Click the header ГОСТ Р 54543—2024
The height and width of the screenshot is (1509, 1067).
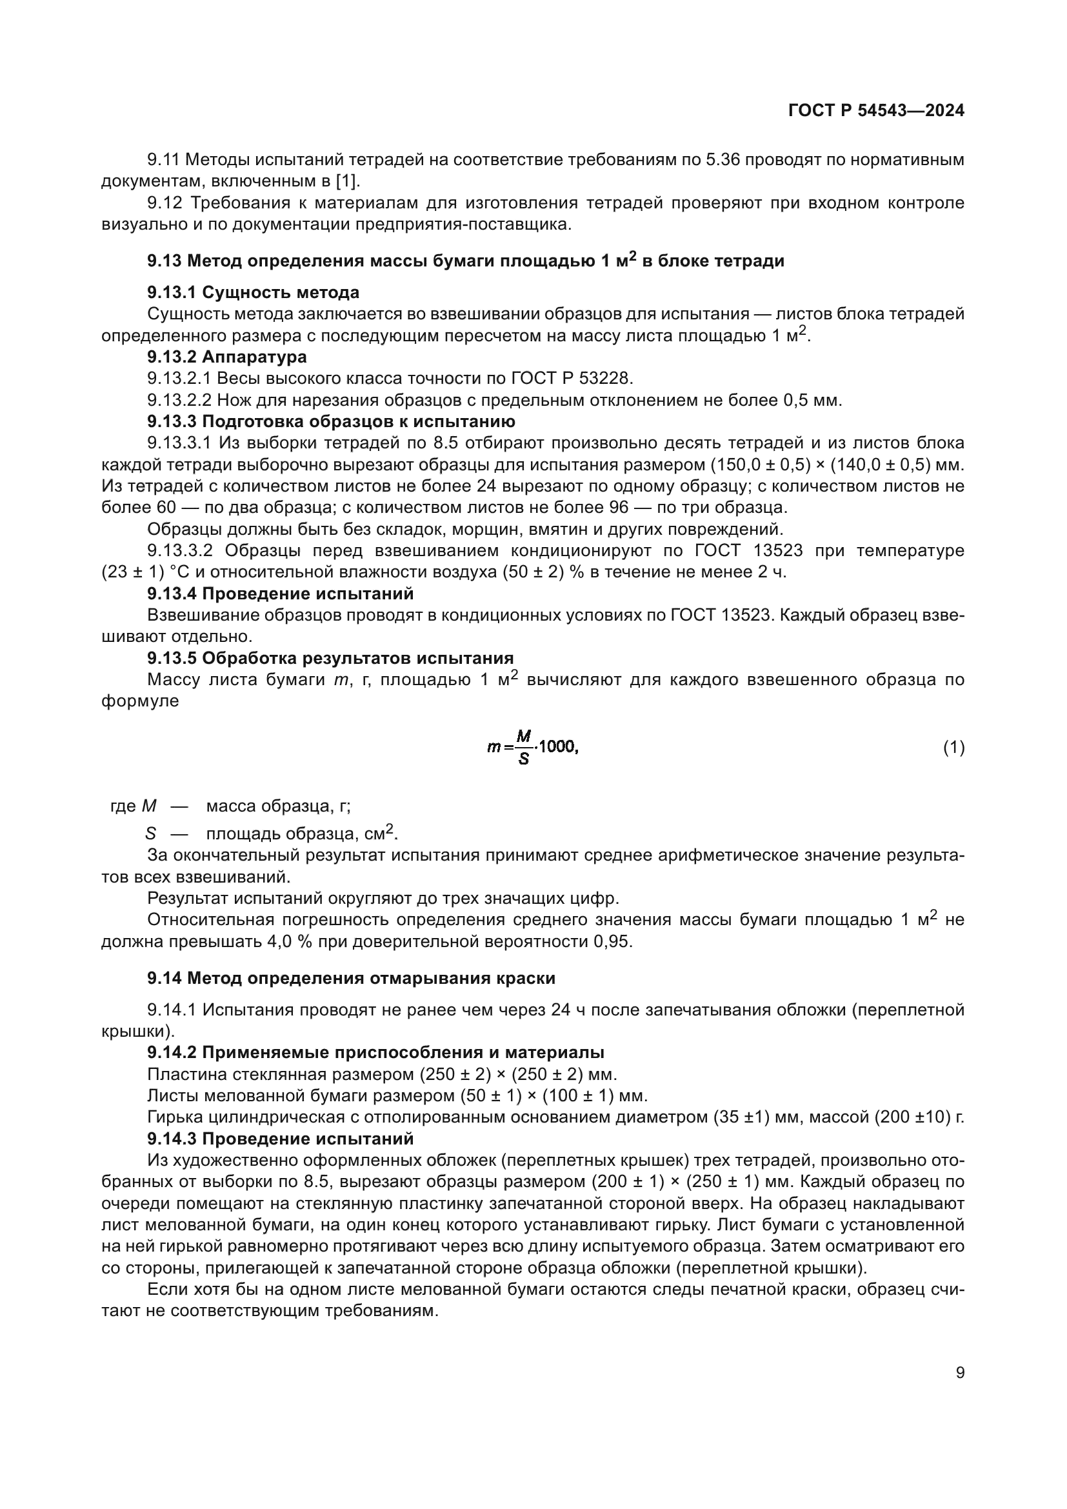pyautogui.click(x=876, y=110)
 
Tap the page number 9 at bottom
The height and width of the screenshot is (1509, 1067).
pyautogui.click(x=960, y=1372)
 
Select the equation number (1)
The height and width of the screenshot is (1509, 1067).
pyautogui.click(x=953, y=747)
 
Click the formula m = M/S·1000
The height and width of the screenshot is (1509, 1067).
pyautogui.click(x=532, y=747)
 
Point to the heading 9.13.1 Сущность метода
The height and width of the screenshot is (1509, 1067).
pyautogui.click(x=253, y=292)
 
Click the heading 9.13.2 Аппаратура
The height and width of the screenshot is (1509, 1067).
pyautogui.click(x=226, y=357)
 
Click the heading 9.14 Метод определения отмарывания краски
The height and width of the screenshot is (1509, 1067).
pyautogui.click(x=351, y=979)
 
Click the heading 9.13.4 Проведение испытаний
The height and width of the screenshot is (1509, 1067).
pyautogui.click(x=280, y=594)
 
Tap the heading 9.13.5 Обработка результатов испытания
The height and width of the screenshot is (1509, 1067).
pyautogui.click(x=330, y=658)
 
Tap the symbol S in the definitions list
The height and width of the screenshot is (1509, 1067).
pyautogui.click(x=150, y=834)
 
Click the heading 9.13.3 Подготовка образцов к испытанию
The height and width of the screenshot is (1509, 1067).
pyautogui.click(x=331, y=421)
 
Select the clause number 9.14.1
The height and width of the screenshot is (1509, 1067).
pyautogui.click(x=170, y=1010)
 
